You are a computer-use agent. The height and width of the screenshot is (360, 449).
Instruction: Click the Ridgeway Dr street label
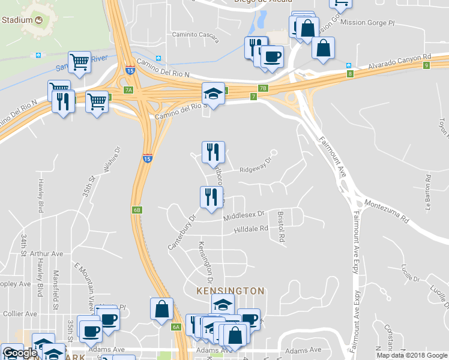coord(256,165)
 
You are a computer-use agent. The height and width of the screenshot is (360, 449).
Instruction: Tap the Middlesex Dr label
coord(244,215)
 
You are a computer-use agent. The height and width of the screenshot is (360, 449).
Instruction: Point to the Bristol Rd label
coord(280,226)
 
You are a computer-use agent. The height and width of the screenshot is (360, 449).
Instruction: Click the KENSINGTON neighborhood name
coord(231,290)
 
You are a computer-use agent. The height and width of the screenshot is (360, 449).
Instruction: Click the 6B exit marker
coord(137,209)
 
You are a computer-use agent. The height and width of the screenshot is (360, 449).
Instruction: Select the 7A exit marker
coord(128,90)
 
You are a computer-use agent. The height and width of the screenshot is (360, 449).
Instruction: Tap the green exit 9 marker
coord(426,65)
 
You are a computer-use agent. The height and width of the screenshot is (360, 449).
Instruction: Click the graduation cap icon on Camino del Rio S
coord(213,94)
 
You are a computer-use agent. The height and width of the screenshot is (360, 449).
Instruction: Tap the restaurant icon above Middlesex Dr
coord(211,197)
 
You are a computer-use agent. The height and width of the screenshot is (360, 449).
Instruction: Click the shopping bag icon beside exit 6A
coord(162,309)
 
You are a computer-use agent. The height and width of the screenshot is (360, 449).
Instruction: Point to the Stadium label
coord(17,19)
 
